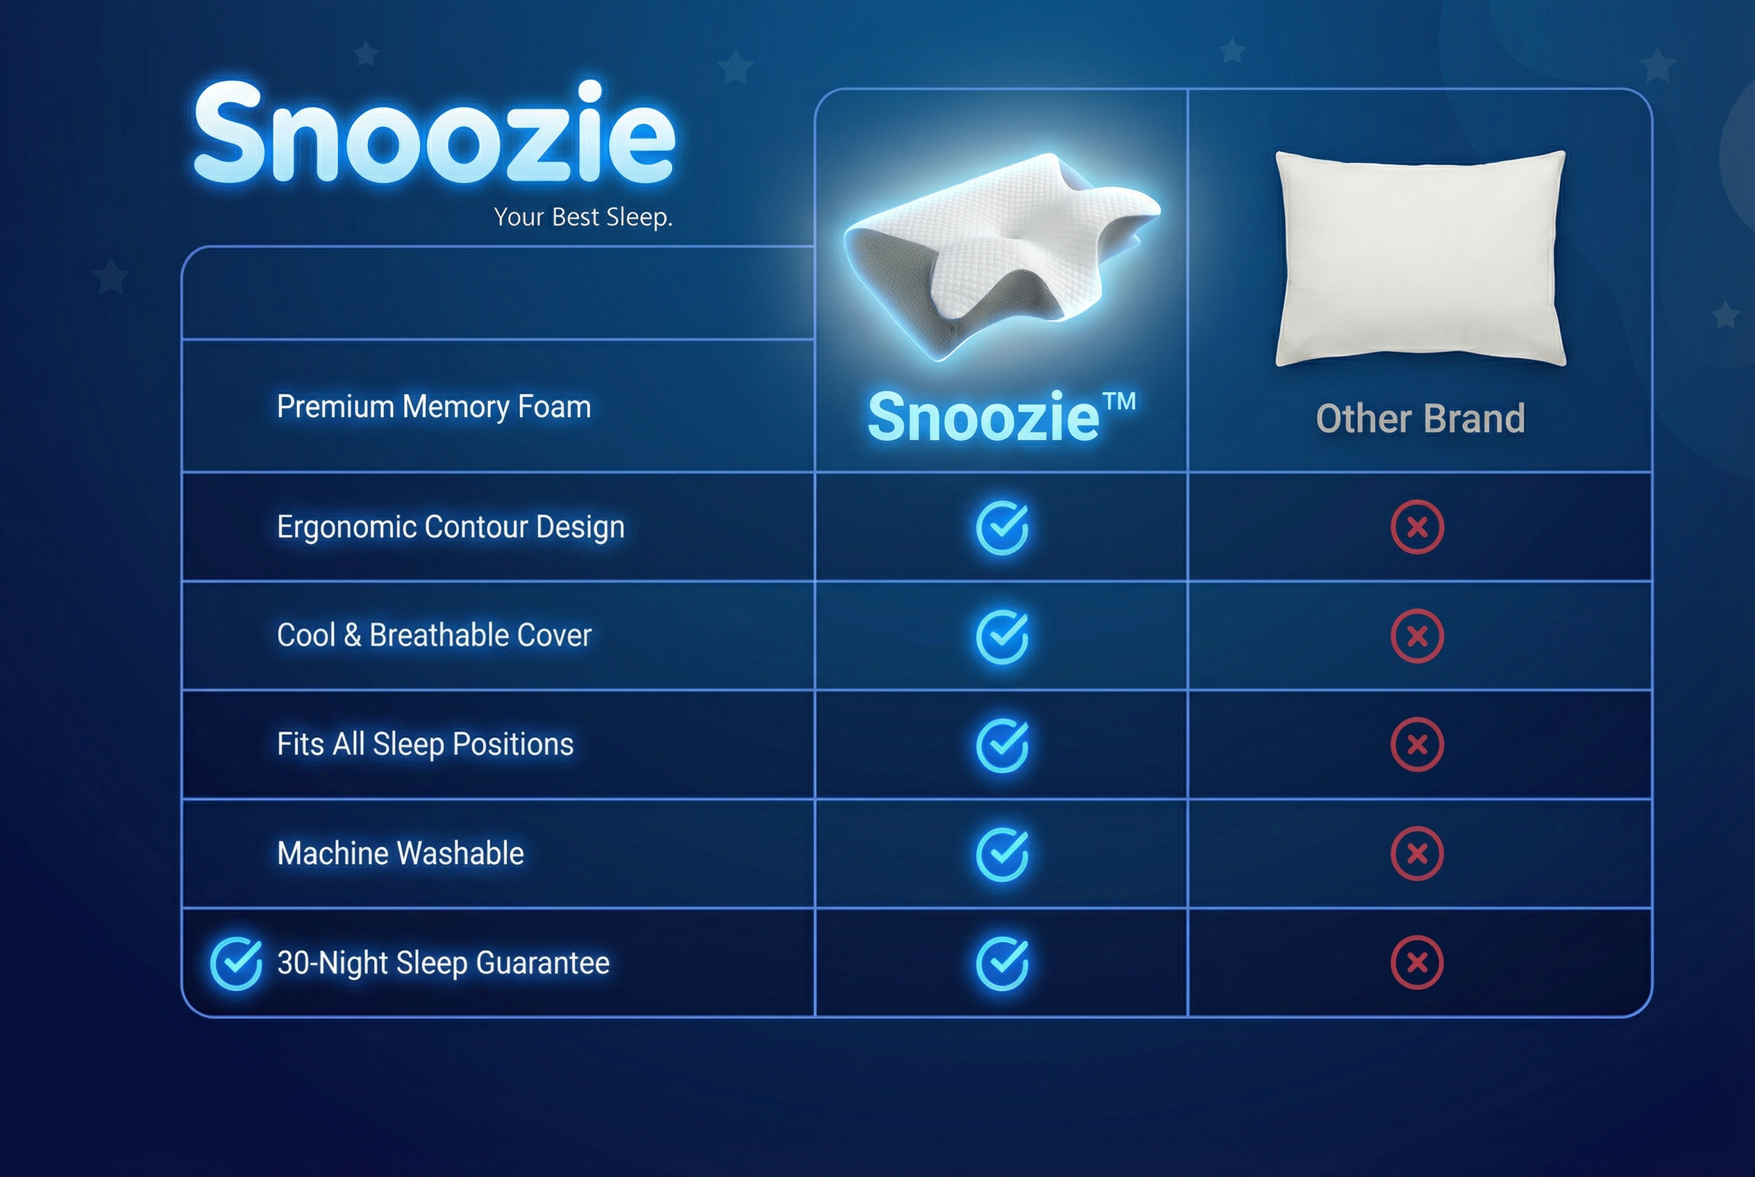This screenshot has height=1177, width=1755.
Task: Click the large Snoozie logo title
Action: coord(435,132)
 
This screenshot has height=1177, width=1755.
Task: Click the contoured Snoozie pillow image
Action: coord(1002,257)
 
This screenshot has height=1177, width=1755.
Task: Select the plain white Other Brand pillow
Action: coord(1420,258)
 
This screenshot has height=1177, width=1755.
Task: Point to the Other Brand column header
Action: coord(1420,418)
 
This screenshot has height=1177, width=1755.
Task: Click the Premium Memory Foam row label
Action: coord(434,407)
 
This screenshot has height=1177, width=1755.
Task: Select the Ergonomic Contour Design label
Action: coord(451,527)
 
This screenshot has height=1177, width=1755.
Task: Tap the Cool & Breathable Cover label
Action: coord(434,635)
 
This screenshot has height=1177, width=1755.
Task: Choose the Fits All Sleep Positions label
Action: coord(425,745)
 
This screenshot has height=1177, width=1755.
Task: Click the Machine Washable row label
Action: coord(401,854)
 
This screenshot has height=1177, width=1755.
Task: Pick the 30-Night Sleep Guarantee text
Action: coord(443,963)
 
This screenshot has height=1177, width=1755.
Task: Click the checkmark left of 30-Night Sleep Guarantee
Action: coord(236,963)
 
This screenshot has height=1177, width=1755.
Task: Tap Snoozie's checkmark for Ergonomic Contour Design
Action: coord(1002,527)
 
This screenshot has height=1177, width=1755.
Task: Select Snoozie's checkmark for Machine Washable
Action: coord(1002,854)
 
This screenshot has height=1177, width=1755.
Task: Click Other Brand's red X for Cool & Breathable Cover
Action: coord(1417,636)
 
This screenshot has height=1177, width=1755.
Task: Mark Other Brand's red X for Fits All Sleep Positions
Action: coord(1417,745)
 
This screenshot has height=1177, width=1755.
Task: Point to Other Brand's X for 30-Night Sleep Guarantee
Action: coord(1417,963)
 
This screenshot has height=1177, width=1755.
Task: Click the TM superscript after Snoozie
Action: coord(1120,402)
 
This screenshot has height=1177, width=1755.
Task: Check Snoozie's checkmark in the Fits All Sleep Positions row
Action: coord(1002,745)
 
